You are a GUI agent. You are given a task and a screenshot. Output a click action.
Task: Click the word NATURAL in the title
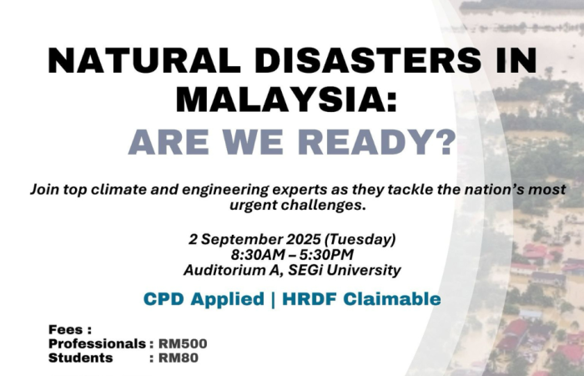click(144, 60)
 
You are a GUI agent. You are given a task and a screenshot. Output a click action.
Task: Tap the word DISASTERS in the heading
click(368, 60)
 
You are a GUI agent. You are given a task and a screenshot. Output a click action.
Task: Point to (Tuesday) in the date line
click(360, 240)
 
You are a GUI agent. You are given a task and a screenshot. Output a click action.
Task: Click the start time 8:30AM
click(258, 255)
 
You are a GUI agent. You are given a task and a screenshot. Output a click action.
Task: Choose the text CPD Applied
click(204, 299)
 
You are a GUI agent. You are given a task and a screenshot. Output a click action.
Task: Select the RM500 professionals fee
click(183, 343)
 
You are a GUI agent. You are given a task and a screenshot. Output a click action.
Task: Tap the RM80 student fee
click(178, 358)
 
